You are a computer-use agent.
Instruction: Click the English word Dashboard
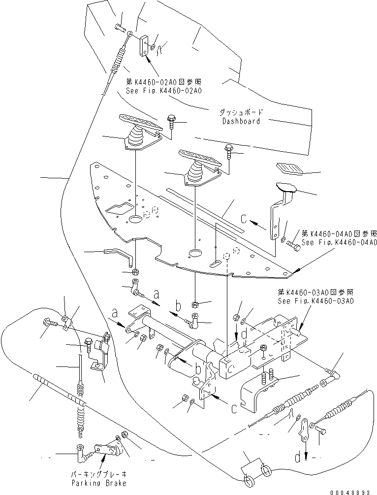[x=241, y=121]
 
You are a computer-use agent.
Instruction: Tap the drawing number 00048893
[x=354, y=491]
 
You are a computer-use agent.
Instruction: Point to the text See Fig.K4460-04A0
[x=340, y=242]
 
